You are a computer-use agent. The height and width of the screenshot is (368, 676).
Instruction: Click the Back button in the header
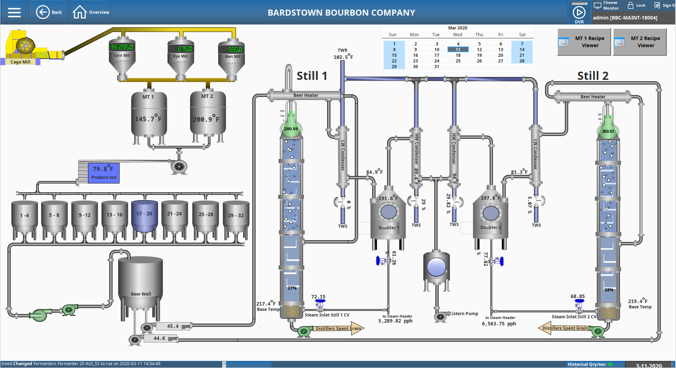coord(49,12)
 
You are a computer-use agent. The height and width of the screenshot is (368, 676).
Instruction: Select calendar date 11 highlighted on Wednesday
coord(458,50)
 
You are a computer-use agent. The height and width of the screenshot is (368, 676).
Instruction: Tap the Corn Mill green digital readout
coord(122,47)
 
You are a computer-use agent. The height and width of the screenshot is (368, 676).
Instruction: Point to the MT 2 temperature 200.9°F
coord(206,119)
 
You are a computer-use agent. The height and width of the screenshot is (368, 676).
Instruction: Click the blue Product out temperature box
coord(104,173)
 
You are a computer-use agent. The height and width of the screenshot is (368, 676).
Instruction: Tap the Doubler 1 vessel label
coord(389,227)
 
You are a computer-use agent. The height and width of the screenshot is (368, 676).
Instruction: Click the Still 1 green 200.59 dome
coord(291,129)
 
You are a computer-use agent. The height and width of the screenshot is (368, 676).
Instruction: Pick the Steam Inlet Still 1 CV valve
coord(320,304)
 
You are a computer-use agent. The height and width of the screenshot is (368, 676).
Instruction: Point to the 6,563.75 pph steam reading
coord(499,324)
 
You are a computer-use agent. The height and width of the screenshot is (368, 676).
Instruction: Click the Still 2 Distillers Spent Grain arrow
coord(564,328)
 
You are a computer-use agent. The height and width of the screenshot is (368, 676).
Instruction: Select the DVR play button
coord(579,13)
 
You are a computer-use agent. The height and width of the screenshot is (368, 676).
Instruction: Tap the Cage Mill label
coord(20,62)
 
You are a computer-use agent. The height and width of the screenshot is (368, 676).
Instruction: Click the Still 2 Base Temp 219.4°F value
coord(637,301)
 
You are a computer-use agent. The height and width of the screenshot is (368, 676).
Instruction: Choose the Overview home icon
coord(79,12)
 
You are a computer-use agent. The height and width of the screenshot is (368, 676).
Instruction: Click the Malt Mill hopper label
coord(232,56)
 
